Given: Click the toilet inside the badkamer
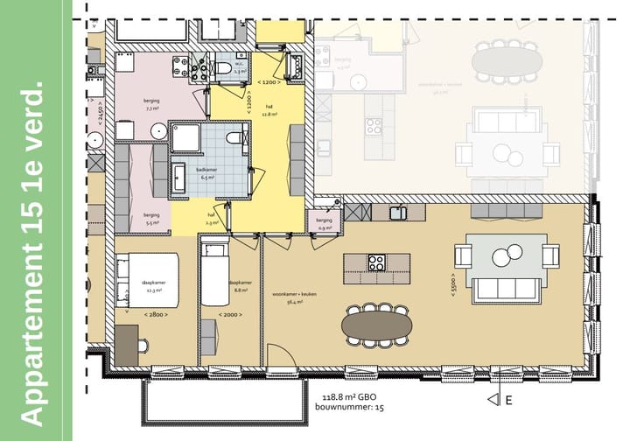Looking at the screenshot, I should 232,138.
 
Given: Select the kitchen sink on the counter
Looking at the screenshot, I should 399,211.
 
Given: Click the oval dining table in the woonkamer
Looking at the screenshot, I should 376,325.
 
